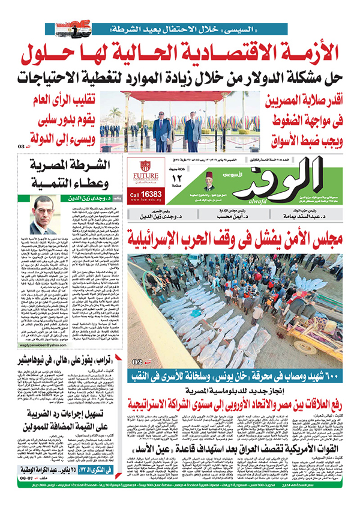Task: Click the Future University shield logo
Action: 145,166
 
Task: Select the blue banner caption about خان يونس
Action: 240,376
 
